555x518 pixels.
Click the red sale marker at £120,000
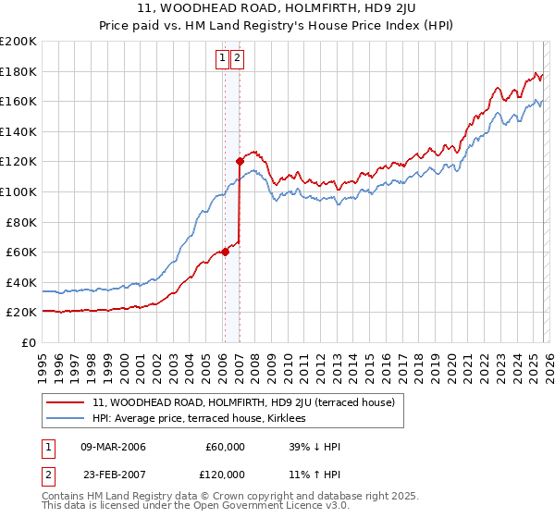[240, 161]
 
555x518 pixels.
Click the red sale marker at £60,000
[224, 252]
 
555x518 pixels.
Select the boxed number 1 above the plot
[223, 58]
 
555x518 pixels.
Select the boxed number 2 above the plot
[238, 58]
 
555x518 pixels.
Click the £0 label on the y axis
[28, 342]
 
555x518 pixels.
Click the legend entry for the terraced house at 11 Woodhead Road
[243, 402]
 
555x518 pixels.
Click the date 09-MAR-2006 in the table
[113, 447]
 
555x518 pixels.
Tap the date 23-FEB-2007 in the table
[113, 475]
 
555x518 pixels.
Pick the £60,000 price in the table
[226, 447]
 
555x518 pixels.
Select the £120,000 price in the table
[223, 475]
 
